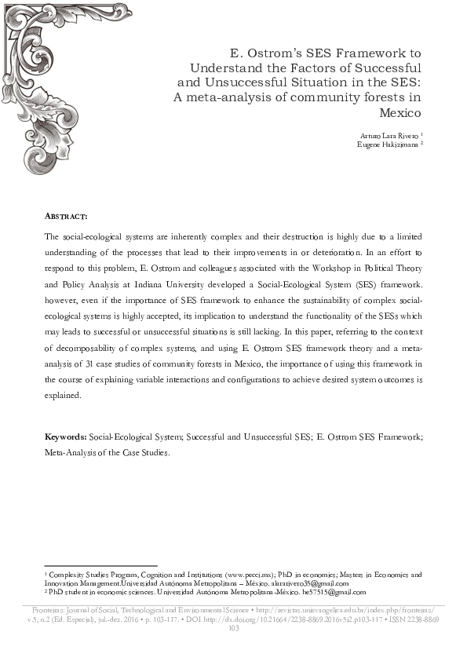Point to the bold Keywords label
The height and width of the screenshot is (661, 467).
66,436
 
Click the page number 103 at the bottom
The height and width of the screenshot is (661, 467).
233,628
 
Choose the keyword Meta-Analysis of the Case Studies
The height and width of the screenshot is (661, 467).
107,452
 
